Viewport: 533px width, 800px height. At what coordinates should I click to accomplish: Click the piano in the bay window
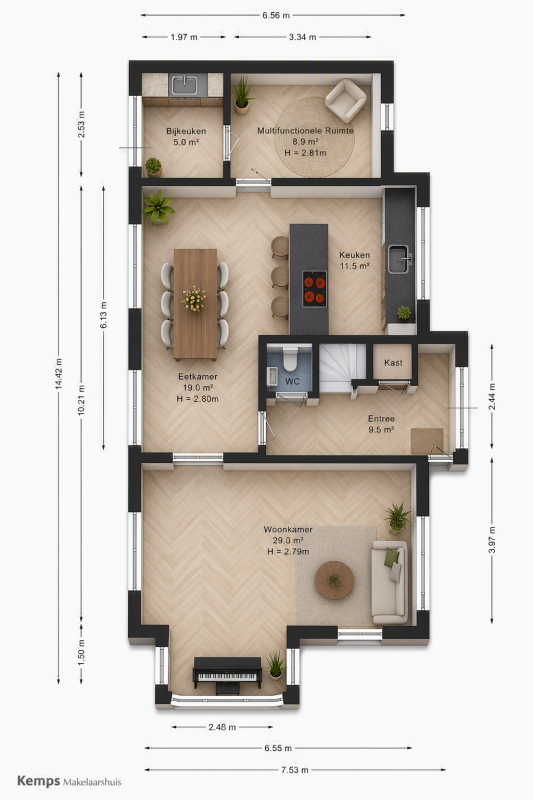click(227, 675)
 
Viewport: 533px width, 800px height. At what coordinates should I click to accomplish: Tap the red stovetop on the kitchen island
click(314, 289)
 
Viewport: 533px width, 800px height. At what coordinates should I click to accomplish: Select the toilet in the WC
click(291, 358)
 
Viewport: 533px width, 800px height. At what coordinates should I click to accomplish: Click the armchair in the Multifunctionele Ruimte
click(346, 101)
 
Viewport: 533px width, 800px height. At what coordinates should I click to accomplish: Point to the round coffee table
click(335, 580)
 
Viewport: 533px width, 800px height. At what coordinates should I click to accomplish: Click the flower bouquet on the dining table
click(194, 298)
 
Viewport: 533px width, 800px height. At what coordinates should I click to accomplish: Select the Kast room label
click(393, 363)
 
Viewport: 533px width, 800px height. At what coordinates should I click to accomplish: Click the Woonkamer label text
click(288, 530)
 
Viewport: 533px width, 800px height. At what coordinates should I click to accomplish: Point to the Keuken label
click(355, 255)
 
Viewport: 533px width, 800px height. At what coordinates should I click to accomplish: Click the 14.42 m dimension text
click(59, 374)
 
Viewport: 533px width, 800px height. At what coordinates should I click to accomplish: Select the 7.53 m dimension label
click(295, 770)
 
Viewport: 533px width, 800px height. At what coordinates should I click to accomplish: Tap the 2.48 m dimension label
click(222, 727)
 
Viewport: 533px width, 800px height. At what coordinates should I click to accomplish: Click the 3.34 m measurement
click(302, 37)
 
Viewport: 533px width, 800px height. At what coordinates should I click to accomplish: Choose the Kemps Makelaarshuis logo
click(69, 781)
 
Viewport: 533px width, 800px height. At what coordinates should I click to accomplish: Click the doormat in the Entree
click(427, 441)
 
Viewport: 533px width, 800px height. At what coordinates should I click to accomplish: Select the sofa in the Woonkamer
click(390, 583)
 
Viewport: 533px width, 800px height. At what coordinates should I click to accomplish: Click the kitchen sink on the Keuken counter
click(398, 259)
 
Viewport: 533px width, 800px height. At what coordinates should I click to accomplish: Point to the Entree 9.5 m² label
click(381, 424)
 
